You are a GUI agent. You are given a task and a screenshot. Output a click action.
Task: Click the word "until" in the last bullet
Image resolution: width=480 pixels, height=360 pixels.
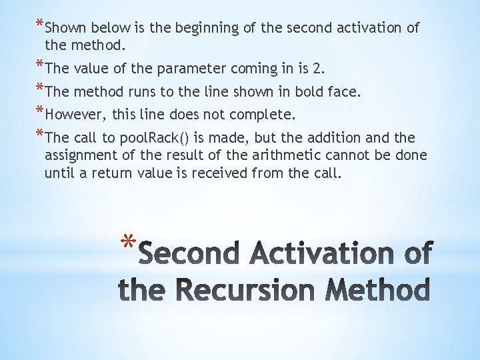tap(59, 173)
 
